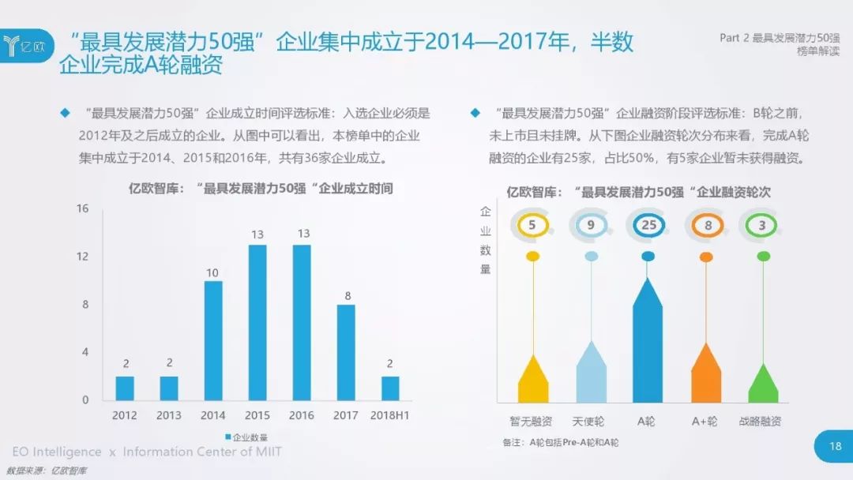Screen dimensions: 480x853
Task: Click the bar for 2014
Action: pos(213,340)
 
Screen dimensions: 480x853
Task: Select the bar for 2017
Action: pos(346,352)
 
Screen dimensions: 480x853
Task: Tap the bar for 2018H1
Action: pos(390,388)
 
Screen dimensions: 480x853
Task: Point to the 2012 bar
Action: pos(125,388)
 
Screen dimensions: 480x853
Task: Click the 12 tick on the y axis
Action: pos(82,257)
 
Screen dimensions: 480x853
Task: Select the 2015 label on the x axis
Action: pos(257,415)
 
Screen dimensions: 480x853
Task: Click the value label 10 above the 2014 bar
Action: pos(213,272)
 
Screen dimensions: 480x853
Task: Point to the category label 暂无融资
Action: pos(532,422)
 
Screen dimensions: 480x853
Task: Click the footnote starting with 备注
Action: pos(560,442)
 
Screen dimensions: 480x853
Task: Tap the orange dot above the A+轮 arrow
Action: pos(707,256)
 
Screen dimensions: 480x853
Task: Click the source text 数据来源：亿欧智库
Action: pos(47,471)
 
